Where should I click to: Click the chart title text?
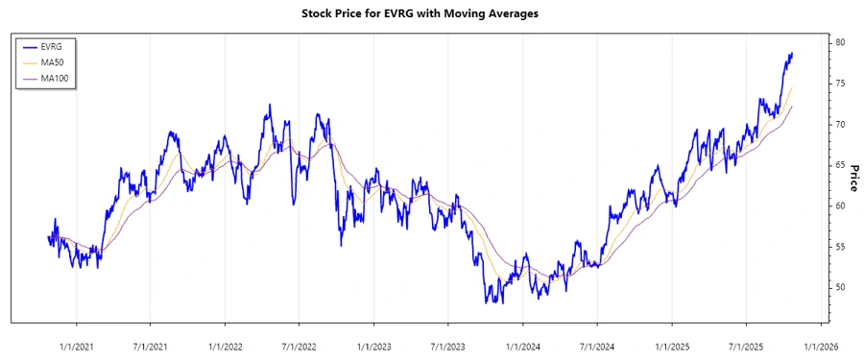[x=431, y=13]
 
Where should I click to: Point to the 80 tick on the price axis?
[x=840, y=43]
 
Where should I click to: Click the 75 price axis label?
[x=840, y=84]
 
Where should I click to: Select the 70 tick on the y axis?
[x=840, y=125]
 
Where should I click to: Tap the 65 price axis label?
[x=840, y=165]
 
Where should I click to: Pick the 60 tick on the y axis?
[x=840, y=206]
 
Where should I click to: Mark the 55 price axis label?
[x=840, y=247]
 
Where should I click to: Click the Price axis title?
[x=852, y=178]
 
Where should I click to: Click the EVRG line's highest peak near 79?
[x=792, y=54]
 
